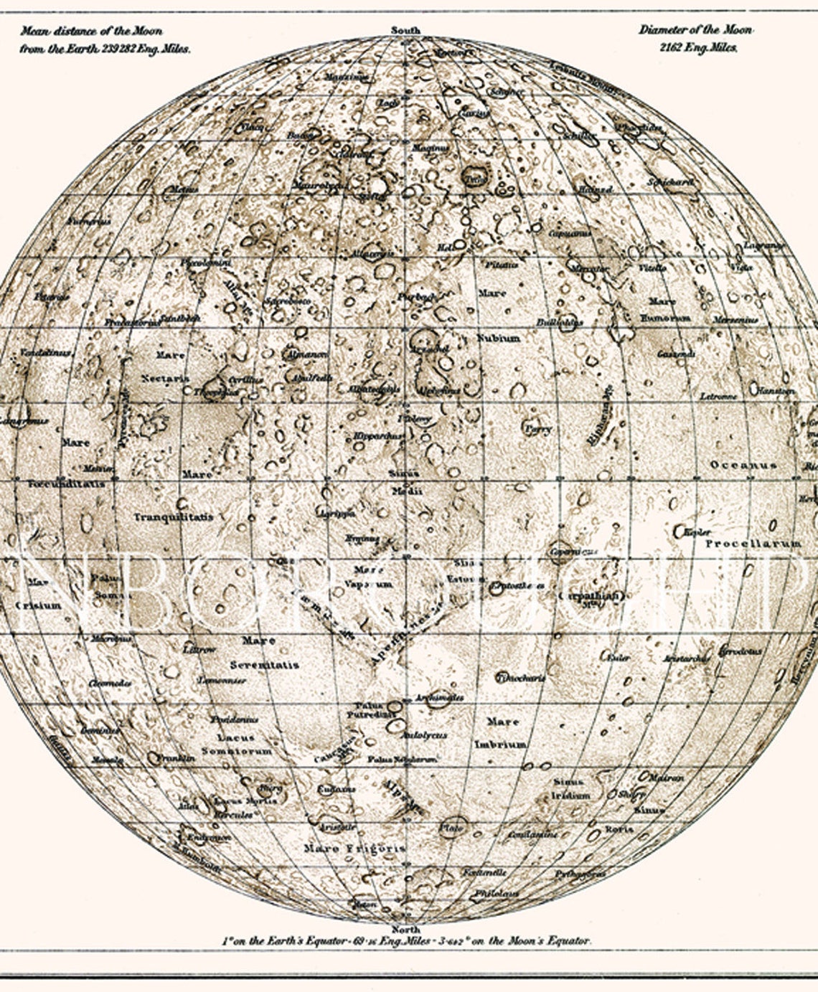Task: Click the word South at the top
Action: pyautogui.click(x=405, y=31)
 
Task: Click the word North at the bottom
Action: pyautogui.click(x=405, y=930)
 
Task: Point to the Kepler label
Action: pyautogui.click(x=697, y=533)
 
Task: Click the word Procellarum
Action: pyautogui.click(x=753, y=544)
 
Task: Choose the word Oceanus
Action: pyautogui.click(x=743, y=465)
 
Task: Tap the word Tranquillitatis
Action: pyautogui.click(x=173, y=516)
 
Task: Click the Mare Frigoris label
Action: pyautogui.click(x=354, y=848)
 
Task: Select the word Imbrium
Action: pyautogui.click(x=500, y=745)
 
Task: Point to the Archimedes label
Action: pyautogui.click(x=439, y=697)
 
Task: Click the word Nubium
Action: pyautogui.click(x=499, y=338)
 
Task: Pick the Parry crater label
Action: pyautogui.click(x=538, y=429)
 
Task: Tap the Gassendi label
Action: pyautogui.click(x=676, y=354)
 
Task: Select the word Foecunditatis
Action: pyautogui.click(x=66, y=484)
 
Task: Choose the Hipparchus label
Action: pyautogui.click(x=379, y=435)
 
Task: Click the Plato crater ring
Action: pyautogui.click(x=452, y=827)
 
